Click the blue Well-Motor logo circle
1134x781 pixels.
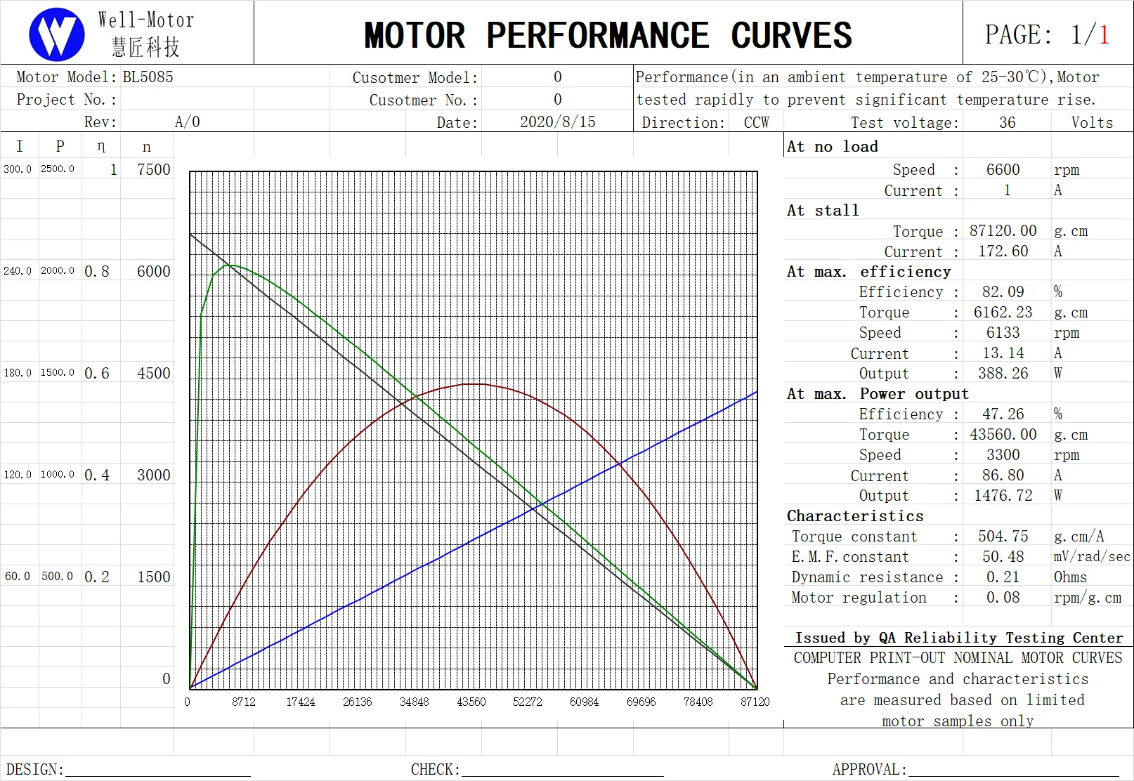[x=57, y=34]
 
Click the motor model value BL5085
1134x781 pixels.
[x=148, y=77]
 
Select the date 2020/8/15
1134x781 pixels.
[x=557, y=122]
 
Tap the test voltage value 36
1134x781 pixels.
[x=1007, y=122]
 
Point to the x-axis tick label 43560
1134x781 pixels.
[x=471, y=702]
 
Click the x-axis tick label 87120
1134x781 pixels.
[x=755, y=702]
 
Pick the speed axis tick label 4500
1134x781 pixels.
[x=154, y=373]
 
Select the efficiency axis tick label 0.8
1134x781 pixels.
[x=97, y=272]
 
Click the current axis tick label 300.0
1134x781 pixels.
[x=18, y=169]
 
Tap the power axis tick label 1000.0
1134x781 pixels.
[x=57, y=475]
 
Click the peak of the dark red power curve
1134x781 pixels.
[x=474, y=384]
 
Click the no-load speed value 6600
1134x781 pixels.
[x=1003, y=169]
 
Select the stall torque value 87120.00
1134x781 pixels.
[x=1003, y=231]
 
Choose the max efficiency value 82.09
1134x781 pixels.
[x=1003, y=291]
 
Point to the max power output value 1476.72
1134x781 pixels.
[x=1003, y=496]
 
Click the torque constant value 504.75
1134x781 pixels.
[x=1003, y=537]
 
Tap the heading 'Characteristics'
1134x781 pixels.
[x=855, y=516]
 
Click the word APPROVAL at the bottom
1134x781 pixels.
[x=868, y=770]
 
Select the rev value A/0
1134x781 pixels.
[x=187, y=122]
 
